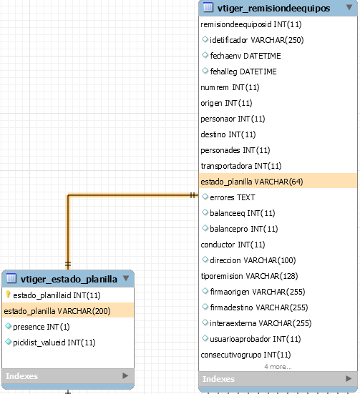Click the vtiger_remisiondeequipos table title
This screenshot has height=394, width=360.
pos(273,9)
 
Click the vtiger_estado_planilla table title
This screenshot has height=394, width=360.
pos(69,279)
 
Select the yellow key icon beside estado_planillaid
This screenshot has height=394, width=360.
pos(8,295)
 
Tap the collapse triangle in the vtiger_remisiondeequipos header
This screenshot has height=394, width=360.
pos(349,7)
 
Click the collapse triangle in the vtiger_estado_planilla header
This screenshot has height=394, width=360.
pos(126,278)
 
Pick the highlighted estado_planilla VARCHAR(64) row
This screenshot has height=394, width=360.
pos(278,182)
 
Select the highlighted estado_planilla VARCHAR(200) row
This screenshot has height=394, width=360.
pos(68,311)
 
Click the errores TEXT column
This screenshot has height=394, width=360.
pos(233,197)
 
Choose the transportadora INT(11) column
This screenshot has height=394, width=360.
pos(241,166)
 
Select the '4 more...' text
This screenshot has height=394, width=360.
pos(278,367)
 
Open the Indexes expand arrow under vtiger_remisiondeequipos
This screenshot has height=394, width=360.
pos(349,378)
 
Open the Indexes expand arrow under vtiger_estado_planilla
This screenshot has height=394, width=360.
pos(125,375)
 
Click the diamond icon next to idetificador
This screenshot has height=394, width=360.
pos(205,39)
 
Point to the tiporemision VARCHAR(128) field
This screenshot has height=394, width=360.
pos(249,276)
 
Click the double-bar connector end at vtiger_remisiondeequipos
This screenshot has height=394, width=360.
pos(193,195)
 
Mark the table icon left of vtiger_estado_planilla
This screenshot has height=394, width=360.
pos(11,278)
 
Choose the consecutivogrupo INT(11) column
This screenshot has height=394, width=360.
pos(245,355)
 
